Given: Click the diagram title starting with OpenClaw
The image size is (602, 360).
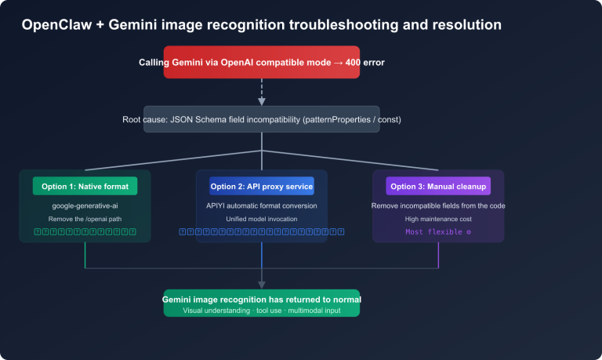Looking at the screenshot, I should pos(261,25).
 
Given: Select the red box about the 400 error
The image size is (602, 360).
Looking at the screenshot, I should pos(261,62).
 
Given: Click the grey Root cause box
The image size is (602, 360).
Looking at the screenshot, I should pos(261,119).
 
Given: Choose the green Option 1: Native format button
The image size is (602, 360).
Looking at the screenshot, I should pos(85,186).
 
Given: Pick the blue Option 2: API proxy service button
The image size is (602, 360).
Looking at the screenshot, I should pos(261,186).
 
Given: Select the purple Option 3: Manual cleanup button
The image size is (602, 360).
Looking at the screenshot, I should pos(438,186).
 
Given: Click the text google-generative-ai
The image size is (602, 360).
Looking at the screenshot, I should pos(85,205).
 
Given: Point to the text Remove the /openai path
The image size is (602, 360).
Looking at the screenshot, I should pos(85,219).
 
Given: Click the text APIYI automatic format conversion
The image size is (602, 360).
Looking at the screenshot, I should pos(261,205).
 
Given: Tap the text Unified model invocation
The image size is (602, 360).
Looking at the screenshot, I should pos(261,219).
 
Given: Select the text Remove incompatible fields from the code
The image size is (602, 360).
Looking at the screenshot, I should pos(438,205).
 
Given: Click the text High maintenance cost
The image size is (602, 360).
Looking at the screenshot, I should pos(438,219).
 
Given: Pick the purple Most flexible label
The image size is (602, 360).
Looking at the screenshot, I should pos(438,232).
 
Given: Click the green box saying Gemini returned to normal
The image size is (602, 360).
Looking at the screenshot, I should pos(261,303).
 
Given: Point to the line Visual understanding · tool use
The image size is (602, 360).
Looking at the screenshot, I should pos(261,311).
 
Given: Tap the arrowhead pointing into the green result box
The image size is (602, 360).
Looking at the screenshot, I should pos(261,285).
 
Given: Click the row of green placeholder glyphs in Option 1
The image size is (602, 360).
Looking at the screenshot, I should pos(85,232).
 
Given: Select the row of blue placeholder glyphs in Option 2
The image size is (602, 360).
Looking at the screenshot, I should pos(261,232).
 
